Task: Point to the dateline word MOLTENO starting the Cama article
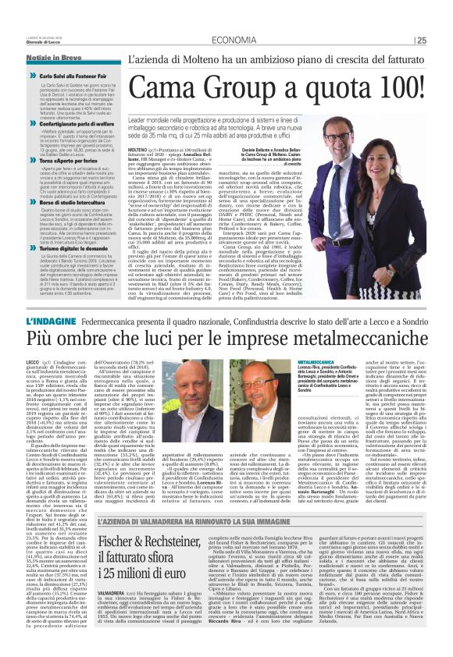[x=137, y=148]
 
